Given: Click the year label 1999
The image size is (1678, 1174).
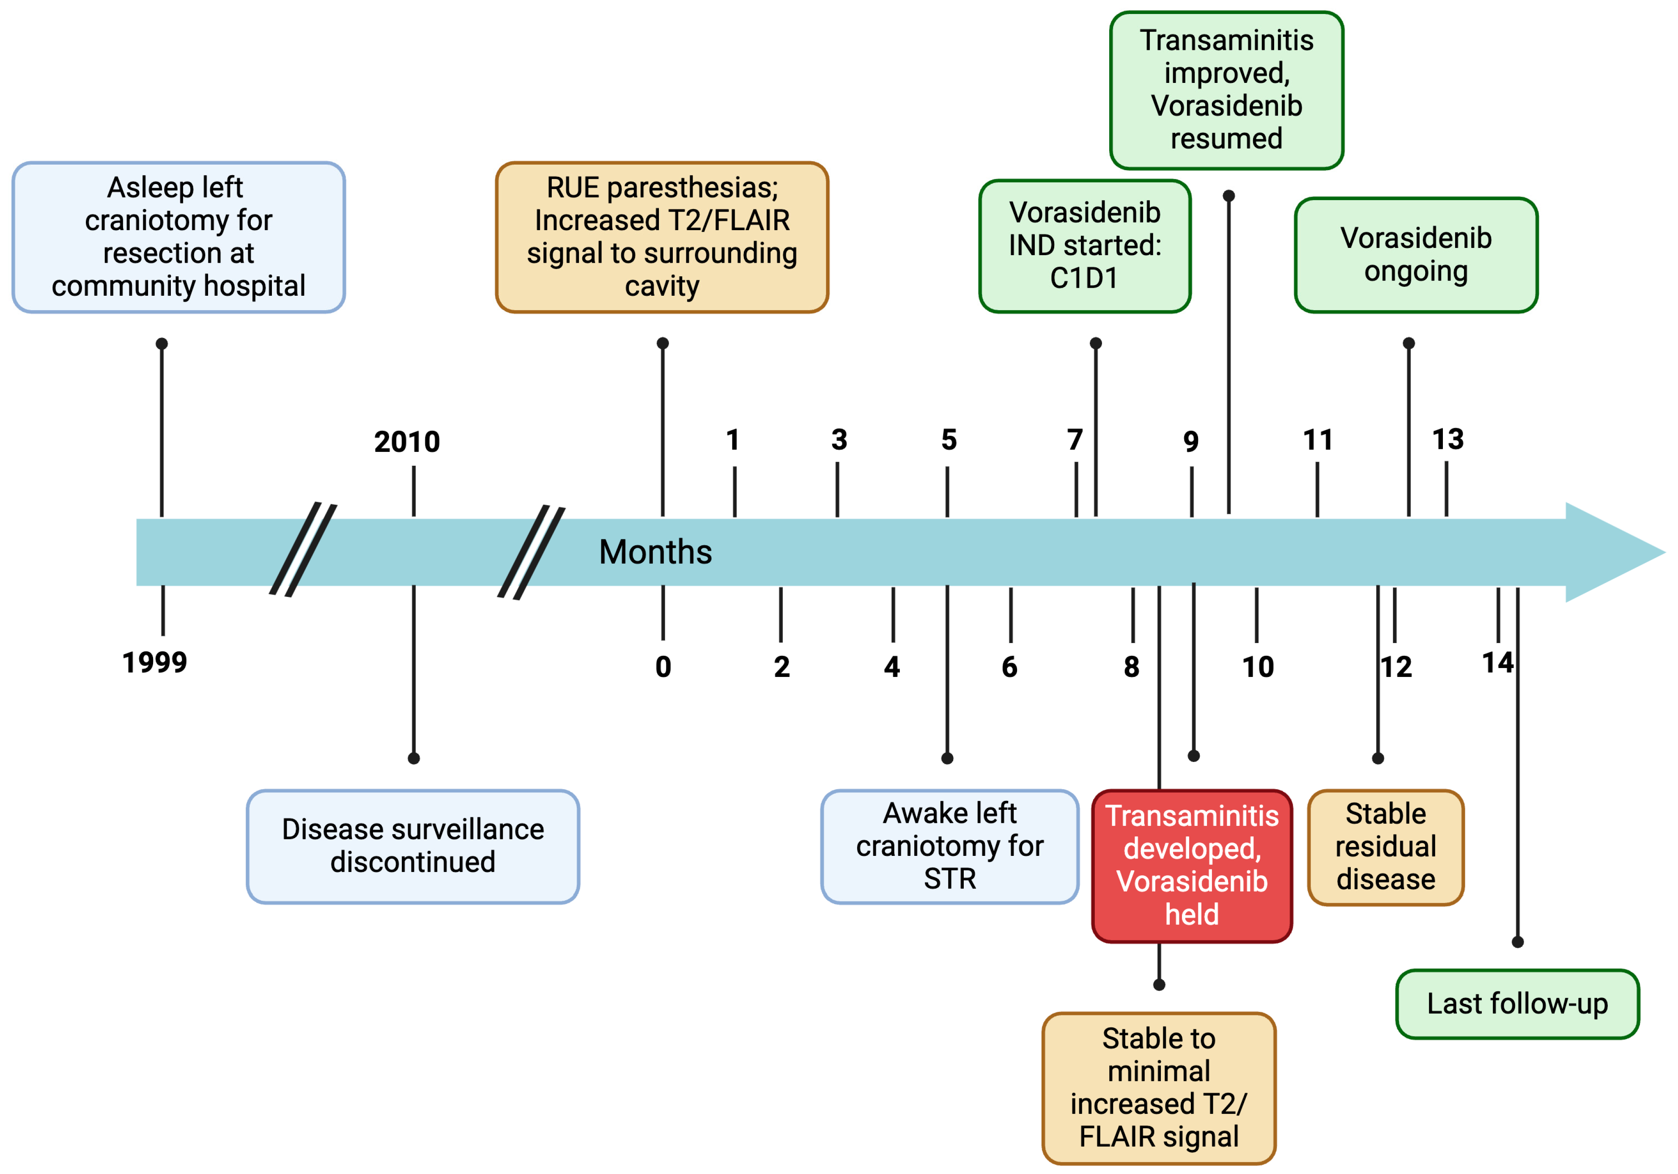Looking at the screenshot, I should [x=154, y=662].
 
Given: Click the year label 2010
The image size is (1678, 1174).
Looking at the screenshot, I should [x=407, y=442].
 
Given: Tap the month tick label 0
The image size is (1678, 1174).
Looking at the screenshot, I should [x=663, y=667].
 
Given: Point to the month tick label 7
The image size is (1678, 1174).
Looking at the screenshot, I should [x=1074, y=439].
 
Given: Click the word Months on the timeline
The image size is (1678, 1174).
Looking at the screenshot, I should [x=655, y=552].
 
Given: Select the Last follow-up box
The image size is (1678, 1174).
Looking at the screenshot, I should [x=1517, y=1004].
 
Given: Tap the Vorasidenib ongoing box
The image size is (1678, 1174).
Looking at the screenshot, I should [x=1416, y=254].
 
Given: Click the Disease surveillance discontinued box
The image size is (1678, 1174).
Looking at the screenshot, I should [x=413, y=846].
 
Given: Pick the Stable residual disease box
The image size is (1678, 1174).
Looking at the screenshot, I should [x=1386, y=847].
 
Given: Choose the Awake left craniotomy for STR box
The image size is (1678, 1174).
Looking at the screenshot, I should [x=949, y=846].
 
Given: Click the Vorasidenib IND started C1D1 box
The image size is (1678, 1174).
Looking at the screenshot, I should [x=1085, y=246].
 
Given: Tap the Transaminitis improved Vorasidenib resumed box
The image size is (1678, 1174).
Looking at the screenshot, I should [x=1226, y=90].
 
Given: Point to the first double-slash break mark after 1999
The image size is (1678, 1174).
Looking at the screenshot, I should [x=302, y=550].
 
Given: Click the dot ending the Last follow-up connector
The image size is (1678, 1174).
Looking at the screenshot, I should [x=1517, y=942].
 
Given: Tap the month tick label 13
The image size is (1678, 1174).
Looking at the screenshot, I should [x=1447, y=439].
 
